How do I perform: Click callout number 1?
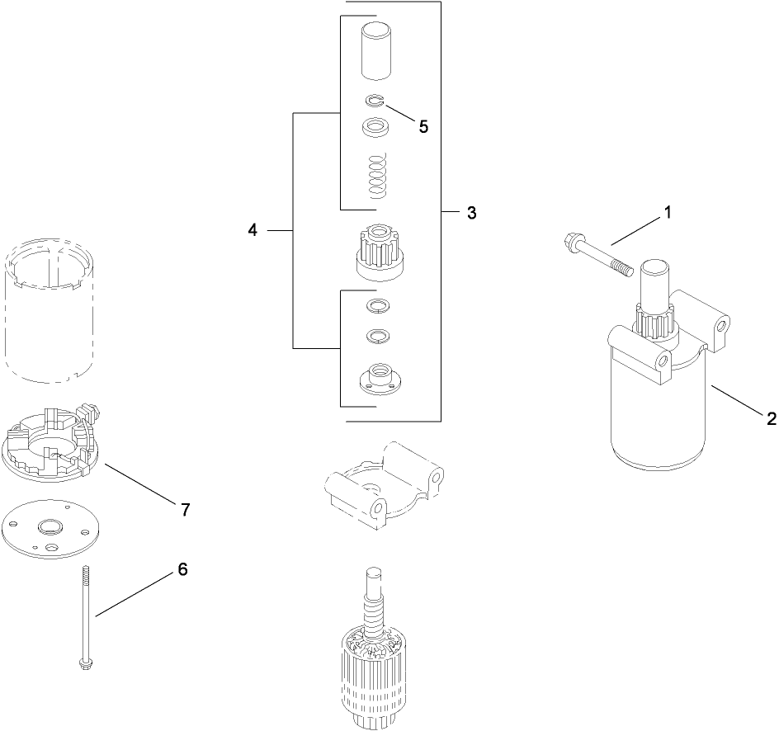pos(668,213)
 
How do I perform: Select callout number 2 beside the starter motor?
pos(770,418)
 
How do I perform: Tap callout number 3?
pos(471,213)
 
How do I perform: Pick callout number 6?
pos(182,569)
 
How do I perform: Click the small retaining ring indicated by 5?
pos(375,101)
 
